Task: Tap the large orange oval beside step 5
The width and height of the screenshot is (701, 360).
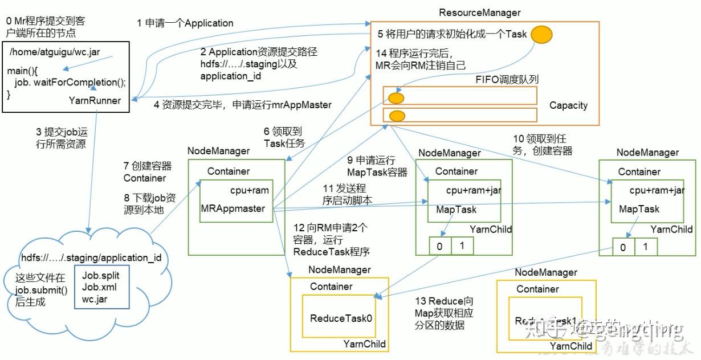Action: click(x=541, y=35)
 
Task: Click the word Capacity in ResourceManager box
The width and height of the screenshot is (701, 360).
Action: click(x=568, y=105)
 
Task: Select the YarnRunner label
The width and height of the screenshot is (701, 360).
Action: click(x=94, y=100)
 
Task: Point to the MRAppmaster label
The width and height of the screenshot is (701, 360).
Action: click(x=233, y=208)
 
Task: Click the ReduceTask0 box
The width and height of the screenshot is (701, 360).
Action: click(x=341, y=318)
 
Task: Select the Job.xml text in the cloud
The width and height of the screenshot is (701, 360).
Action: click(x=99, y=287)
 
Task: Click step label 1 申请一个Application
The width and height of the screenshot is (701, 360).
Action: click(x=185, y=23)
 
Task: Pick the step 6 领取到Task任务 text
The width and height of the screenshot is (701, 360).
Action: click(x=284, y=138)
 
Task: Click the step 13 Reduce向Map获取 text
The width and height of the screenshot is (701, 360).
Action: click(x=445, y=313)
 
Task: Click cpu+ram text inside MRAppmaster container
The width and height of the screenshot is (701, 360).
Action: click(x=248, y=190)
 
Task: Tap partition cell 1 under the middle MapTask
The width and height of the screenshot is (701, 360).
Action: click(x=463, y=246)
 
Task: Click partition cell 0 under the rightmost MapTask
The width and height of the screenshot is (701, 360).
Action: click(x=623, y=247)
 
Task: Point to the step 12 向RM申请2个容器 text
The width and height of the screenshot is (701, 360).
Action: click(x=330, y=239)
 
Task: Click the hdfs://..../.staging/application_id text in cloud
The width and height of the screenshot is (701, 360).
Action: click(x=91, y=257)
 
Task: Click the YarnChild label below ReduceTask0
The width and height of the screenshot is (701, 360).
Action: click(x=364, y=343)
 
